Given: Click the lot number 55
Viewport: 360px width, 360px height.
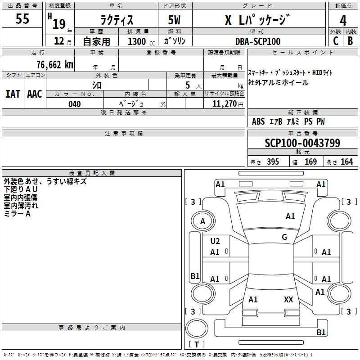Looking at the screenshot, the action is pos(22,18).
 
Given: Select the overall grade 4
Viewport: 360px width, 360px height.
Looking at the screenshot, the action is pos(343,20).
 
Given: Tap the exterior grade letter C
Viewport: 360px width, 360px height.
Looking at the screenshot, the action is pos(336,41).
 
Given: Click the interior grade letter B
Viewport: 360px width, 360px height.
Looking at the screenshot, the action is pos(350,41).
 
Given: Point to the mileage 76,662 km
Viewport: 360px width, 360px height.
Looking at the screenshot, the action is pos(55,65).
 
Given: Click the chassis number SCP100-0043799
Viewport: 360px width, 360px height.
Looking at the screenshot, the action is pos(302,143).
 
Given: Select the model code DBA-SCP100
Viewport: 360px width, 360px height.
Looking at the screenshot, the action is pos(257,41).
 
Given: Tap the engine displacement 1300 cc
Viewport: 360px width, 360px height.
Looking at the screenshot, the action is pos(141,41).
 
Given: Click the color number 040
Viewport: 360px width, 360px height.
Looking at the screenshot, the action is pos(74,104).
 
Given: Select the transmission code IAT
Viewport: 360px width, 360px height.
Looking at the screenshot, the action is pos(13,94).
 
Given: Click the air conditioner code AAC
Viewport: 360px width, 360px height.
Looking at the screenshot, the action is pos(35,94).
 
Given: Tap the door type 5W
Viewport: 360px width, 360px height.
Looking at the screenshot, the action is pos(174,20).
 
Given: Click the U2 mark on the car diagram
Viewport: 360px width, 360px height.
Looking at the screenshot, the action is pos(215,241).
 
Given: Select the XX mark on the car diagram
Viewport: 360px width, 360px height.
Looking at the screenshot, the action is pos(288,299).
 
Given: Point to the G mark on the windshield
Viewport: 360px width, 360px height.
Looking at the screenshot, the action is pos(284,237).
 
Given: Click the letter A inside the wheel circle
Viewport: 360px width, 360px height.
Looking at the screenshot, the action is pos(202,221).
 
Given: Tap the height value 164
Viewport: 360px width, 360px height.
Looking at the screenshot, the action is pos(346,162).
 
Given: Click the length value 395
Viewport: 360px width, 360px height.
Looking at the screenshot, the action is pos(273,162).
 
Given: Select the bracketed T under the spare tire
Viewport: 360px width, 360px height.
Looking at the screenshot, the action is pos(197,344).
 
